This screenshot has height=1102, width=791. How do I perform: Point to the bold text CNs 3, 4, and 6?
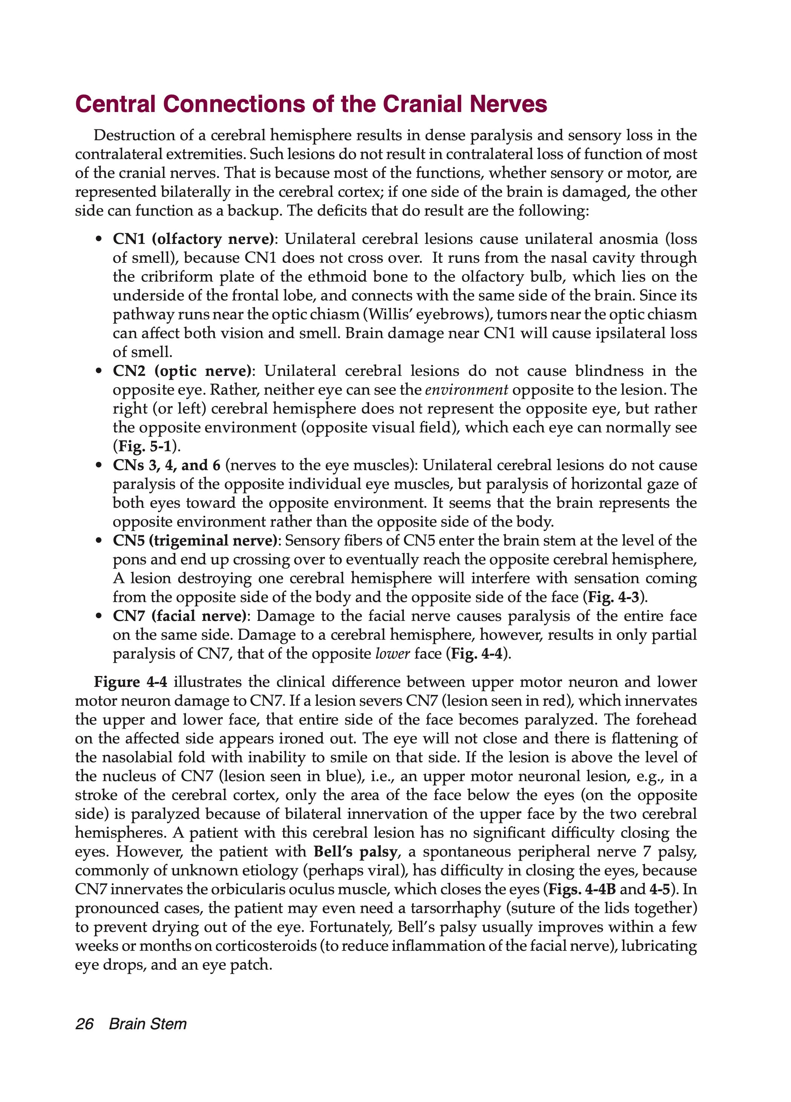[x=167, y=466]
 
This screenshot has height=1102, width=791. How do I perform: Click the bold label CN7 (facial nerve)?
[x=180, y=616]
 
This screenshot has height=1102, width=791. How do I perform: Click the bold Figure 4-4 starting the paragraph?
[x=130, y=682]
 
